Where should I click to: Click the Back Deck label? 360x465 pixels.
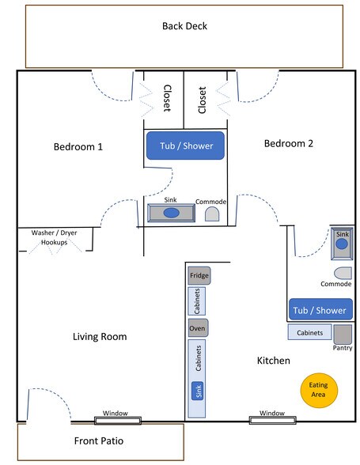point(184,25)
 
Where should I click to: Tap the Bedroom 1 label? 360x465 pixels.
point(78,147)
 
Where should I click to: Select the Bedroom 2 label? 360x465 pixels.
point(289,143)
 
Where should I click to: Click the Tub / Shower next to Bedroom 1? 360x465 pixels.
point(185,146)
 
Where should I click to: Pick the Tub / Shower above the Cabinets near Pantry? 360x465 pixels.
point(319,310)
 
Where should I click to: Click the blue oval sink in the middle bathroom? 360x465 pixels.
point(172,213)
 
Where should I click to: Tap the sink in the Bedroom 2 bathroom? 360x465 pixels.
point(342,244)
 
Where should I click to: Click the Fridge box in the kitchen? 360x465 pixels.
point(199,276)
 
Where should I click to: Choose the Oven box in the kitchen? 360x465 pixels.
point(198,327)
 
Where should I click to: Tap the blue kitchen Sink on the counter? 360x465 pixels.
point(198,390)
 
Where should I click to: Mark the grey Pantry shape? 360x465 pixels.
point(342,333)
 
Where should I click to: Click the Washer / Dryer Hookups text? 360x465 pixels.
point(55,238)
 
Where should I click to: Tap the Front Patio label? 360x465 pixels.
point(98,441)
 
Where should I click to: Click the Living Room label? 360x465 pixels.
point(100,337)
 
